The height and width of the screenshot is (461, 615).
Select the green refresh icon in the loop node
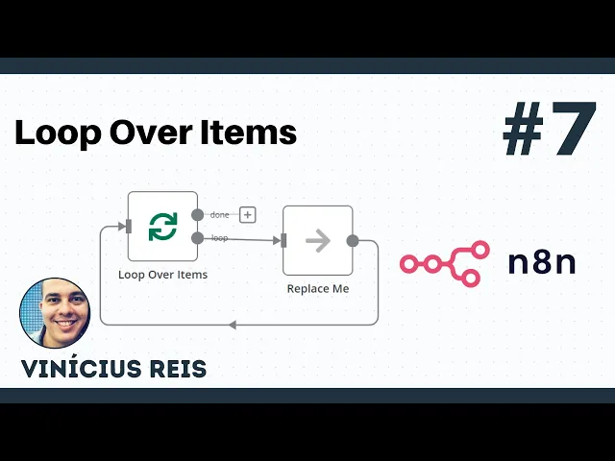162,227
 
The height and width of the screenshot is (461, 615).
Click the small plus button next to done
247,215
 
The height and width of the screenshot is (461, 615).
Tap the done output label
219,215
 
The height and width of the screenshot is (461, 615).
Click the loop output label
219,237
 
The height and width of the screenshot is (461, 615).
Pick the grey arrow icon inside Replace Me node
317,241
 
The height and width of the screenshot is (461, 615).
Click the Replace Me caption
318,288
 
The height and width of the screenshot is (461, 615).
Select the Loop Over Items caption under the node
162,274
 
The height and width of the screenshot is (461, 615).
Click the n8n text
541,262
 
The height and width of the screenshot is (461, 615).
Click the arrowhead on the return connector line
233,325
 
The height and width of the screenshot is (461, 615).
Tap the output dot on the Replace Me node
353,241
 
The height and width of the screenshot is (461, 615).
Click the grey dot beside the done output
198,215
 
